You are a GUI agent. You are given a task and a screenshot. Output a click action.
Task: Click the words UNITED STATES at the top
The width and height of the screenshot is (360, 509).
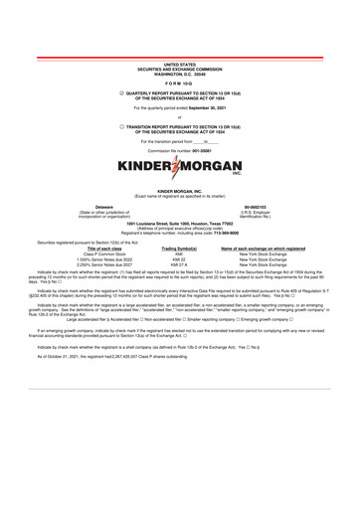click(x=180, y=34)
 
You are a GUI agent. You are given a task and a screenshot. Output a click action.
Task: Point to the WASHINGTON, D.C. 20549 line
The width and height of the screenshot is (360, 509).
click(x=180, y=46)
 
